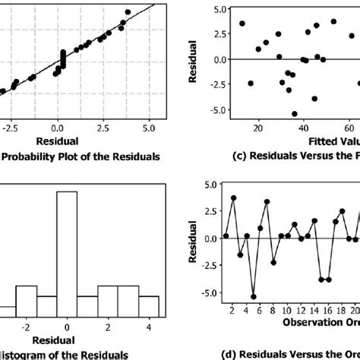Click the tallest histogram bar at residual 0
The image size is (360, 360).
pos(67,243)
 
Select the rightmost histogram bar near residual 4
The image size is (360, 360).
pos(149,305)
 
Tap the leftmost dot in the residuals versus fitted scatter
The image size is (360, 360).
pos(242,24)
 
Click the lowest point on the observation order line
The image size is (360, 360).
pos(254,297)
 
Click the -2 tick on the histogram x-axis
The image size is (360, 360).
pos(26,327)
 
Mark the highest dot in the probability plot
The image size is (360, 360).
pos(127,11)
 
